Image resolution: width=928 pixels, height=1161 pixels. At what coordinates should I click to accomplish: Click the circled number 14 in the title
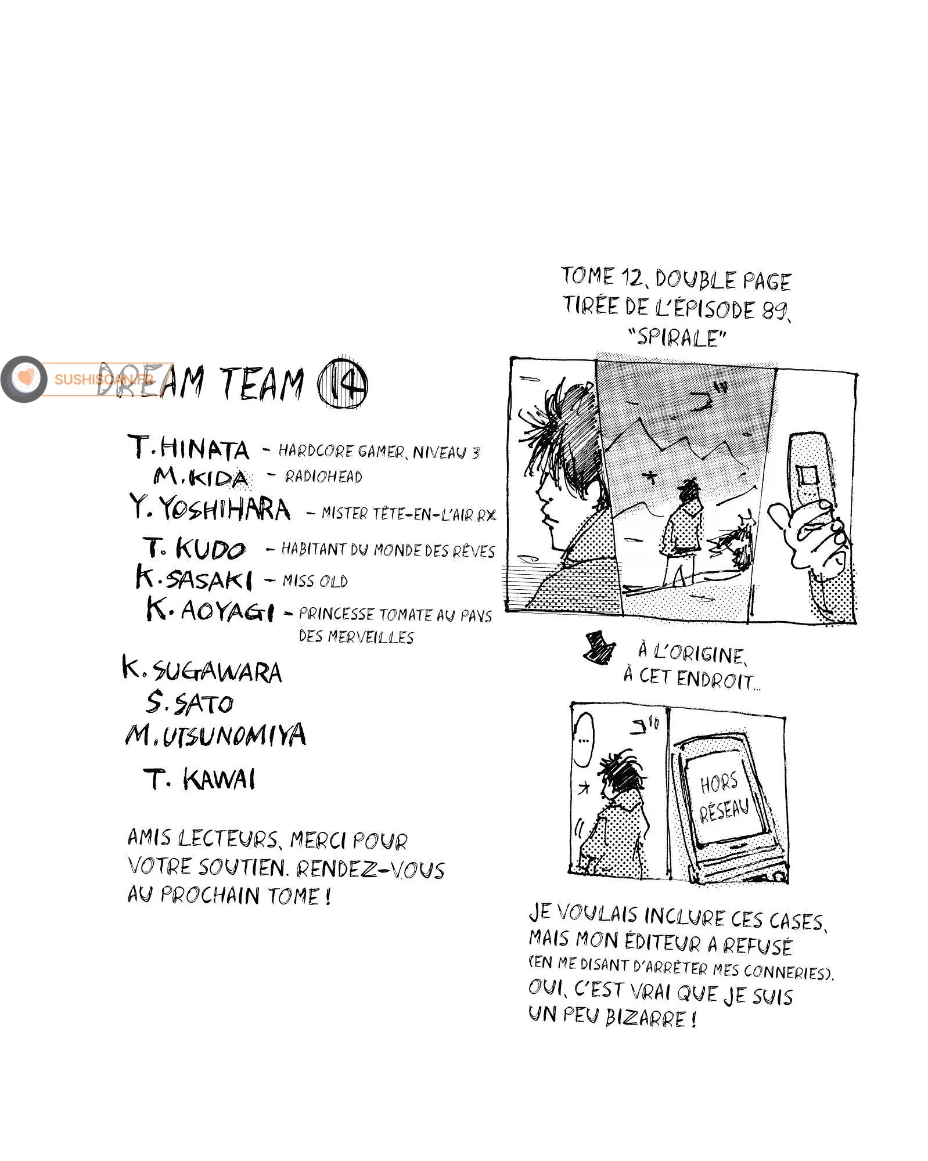pyautogui.click(x=343, y=383)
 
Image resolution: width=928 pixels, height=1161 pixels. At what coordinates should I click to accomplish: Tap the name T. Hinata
pyautogui.click(x=188, y=448)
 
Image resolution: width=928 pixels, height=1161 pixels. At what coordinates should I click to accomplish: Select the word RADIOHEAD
pyautogui.click(x=323, y=477)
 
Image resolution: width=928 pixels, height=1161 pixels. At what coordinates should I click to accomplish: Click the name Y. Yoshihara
pyautogui.click(x=210, y=509)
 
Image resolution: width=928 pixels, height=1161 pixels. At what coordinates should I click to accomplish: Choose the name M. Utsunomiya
pyautogui.click(x=215, y=735)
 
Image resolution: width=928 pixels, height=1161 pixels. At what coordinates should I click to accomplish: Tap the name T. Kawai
pyautogui.click(x=199, y=779)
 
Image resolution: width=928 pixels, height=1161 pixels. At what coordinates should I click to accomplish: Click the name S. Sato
pyautogui.click(x=189, y=703)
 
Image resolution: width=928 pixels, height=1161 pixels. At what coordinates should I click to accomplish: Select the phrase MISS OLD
pyautogui.click(x=315, y=580)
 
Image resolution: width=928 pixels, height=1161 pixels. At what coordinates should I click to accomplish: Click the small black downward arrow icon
pyautogui.click(x=599, y=647)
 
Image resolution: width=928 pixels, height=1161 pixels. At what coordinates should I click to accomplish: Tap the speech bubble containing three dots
pyautogui.click(x=584, y=740)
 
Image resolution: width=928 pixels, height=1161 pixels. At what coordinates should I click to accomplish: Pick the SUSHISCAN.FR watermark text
pyautogui.click(x=105, y=379)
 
